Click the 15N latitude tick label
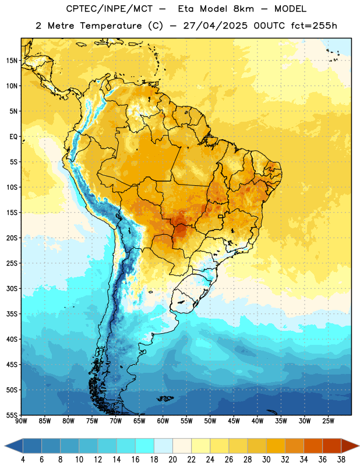(12, 61)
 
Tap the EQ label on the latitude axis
(13, 137)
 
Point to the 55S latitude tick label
(12, 415)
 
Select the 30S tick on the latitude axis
(12, 288)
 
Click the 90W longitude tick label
(21, 421)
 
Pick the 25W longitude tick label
(328, 421)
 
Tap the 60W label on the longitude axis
(163, 421)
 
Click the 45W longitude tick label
(234, 421)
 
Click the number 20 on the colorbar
(172, 460)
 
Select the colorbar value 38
(341, 460)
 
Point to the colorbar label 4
(23, 460)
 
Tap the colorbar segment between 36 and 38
(332, 446)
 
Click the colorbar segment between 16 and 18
(144, 446)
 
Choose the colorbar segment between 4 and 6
(32, 446)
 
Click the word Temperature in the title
(111, 26)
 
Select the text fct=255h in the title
(314, 26)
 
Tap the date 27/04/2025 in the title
(215, 26)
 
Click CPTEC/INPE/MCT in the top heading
(109, 9)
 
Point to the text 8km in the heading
(243, 9)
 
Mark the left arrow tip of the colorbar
(5, 446)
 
